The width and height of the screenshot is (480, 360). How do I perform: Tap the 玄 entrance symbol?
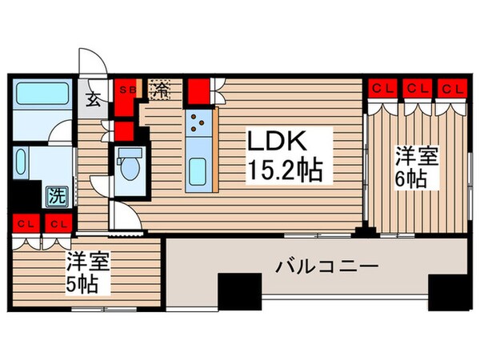[x=92, y=100]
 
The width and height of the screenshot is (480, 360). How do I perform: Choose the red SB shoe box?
[x=126, y=90]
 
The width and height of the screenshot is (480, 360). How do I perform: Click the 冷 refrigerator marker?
[x=161, y=90]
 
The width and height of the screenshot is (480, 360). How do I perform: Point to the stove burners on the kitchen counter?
[x=198, y=123]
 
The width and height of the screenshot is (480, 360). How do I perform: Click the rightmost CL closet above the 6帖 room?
[x=451, y=88]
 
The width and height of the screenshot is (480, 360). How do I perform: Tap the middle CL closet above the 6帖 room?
[x=416, y=88]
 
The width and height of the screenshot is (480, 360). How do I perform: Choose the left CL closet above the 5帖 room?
[x=24, y=224]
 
